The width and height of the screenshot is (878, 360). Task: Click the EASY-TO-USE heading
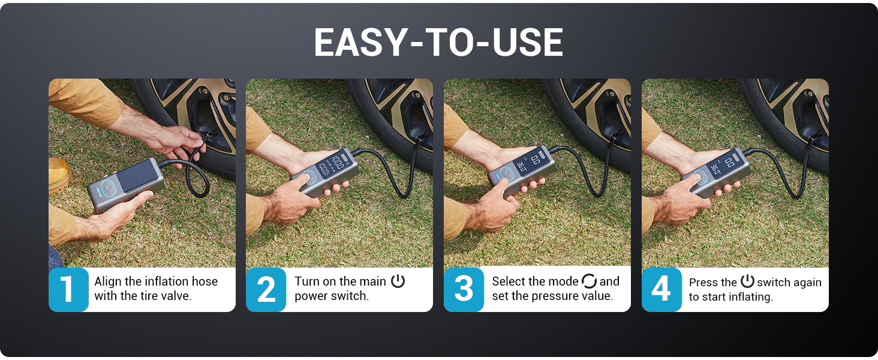438,43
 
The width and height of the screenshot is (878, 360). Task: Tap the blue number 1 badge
68,289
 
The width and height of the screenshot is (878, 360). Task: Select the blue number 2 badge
266,289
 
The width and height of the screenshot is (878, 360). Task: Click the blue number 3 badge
464,289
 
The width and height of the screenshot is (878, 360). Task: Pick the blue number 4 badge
661,289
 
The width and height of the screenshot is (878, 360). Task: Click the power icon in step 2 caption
398,281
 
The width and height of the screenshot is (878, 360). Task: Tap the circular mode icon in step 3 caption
589,281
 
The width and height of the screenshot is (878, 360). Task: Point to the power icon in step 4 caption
747,281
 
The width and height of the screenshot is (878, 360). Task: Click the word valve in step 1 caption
177,296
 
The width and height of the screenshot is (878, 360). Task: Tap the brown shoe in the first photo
58,174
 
